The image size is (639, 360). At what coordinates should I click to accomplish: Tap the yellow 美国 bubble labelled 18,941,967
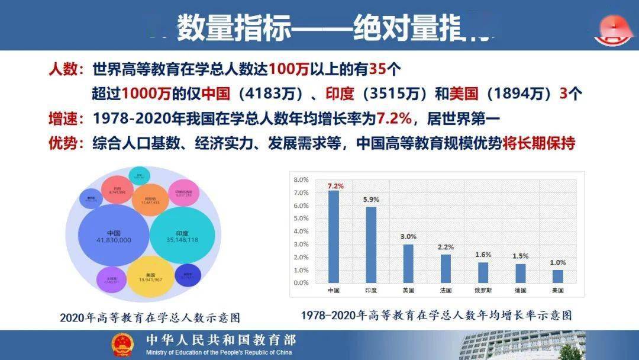pos(151,277)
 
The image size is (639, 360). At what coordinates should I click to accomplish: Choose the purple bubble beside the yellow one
pos(110,279)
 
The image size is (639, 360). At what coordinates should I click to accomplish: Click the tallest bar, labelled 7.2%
pos(334,237)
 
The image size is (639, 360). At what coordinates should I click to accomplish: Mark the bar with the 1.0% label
pos(557,277)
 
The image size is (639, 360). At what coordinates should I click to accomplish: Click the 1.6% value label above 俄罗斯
pos(483,254)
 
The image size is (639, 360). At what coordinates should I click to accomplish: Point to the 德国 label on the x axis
pos(520,291)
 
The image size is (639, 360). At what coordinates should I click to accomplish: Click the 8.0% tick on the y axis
pos(301,179)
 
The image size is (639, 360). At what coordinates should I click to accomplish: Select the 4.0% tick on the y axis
pos(301,231)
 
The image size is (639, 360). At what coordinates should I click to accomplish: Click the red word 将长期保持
pos(538,144)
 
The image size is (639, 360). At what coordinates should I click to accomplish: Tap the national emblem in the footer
pos(124,345)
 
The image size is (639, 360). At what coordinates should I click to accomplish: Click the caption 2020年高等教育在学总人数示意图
pos(150,318)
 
